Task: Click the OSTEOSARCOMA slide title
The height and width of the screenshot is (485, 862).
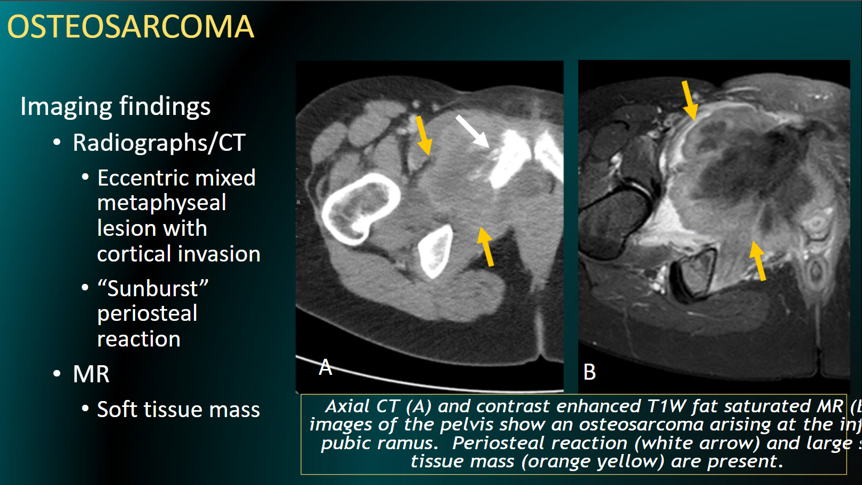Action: click(130, 27)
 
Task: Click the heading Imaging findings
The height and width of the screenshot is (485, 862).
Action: click(115, 106)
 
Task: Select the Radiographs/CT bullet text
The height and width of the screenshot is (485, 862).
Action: click(159, 143)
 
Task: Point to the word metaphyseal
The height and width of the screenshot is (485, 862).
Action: click(161, 203)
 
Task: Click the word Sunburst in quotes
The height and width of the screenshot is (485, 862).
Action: click(152, 289)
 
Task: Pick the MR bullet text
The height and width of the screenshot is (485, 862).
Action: click(91, 374)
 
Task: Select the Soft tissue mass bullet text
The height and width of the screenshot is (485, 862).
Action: click(178, 410)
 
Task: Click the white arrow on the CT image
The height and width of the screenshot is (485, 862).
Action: click(472, 130)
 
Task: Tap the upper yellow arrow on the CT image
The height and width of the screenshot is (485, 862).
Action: click(423, 135)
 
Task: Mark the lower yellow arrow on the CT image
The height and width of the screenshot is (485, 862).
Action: click(485, 246)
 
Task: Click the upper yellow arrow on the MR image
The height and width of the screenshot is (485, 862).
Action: click(689, 100)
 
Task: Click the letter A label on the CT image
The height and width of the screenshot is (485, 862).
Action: click(325, 368)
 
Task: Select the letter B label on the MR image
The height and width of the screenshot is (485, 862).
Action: click(589, 372)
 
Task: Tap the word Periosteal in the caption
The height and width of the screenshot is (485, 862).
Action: click(486, 443)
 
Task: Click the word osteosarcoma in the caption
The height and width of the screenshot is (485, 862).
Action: click(641, 425)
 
